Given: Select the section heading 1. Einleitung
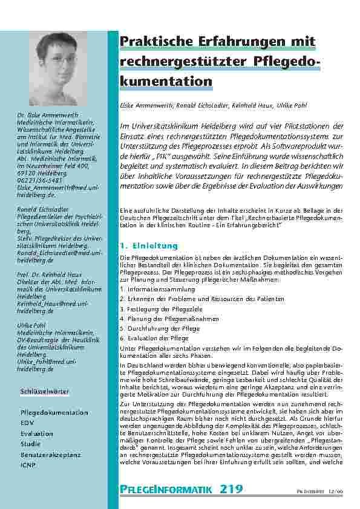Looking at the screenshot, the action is pos(148,246).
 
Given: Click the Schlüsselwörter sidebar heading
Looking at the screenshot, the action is pos(44,392).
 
